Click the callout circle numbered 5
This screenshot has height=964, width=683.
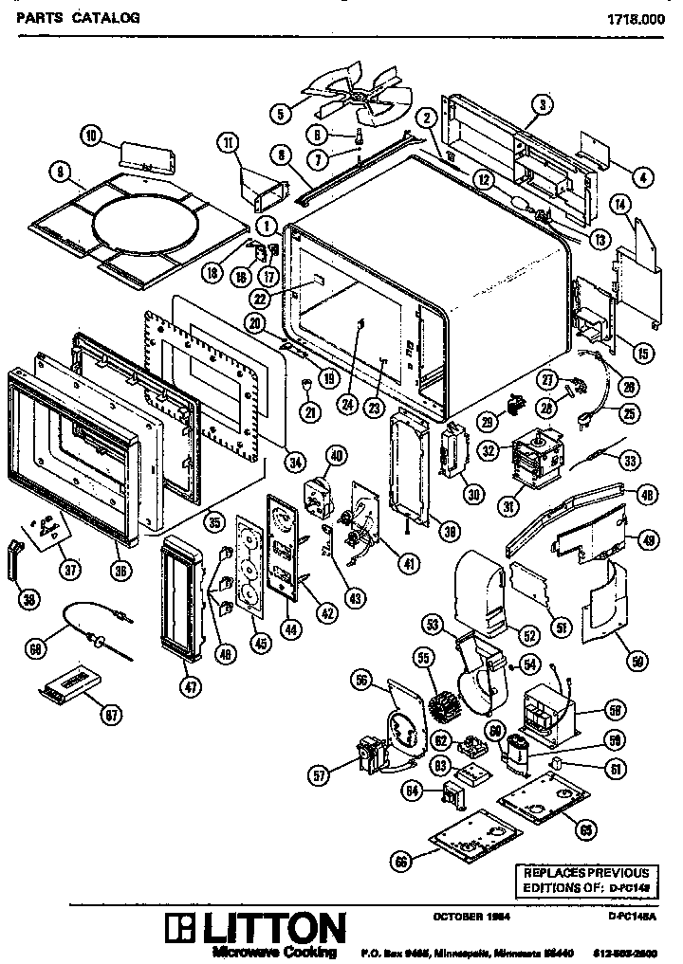point(280,114)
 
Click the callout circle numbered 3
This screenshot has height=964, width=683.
point(542,103)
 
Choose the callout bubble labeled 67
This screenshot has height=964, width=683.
point(113,716)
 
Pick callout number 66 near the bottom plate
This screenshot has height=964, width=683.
point(402,861)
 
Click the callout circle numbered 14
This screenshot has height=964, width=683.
point(621,204)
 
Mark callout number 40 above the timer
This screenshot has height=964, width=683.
point(336,455)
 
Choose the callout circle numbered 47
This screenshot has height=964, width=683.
point(192,688)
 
